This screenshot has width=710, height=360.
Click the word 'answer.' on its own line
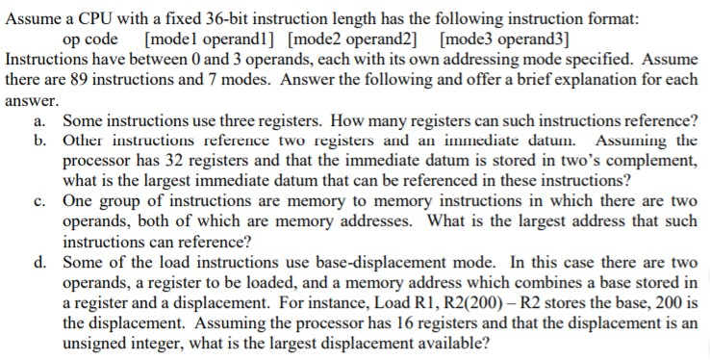tap(33, 100)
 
